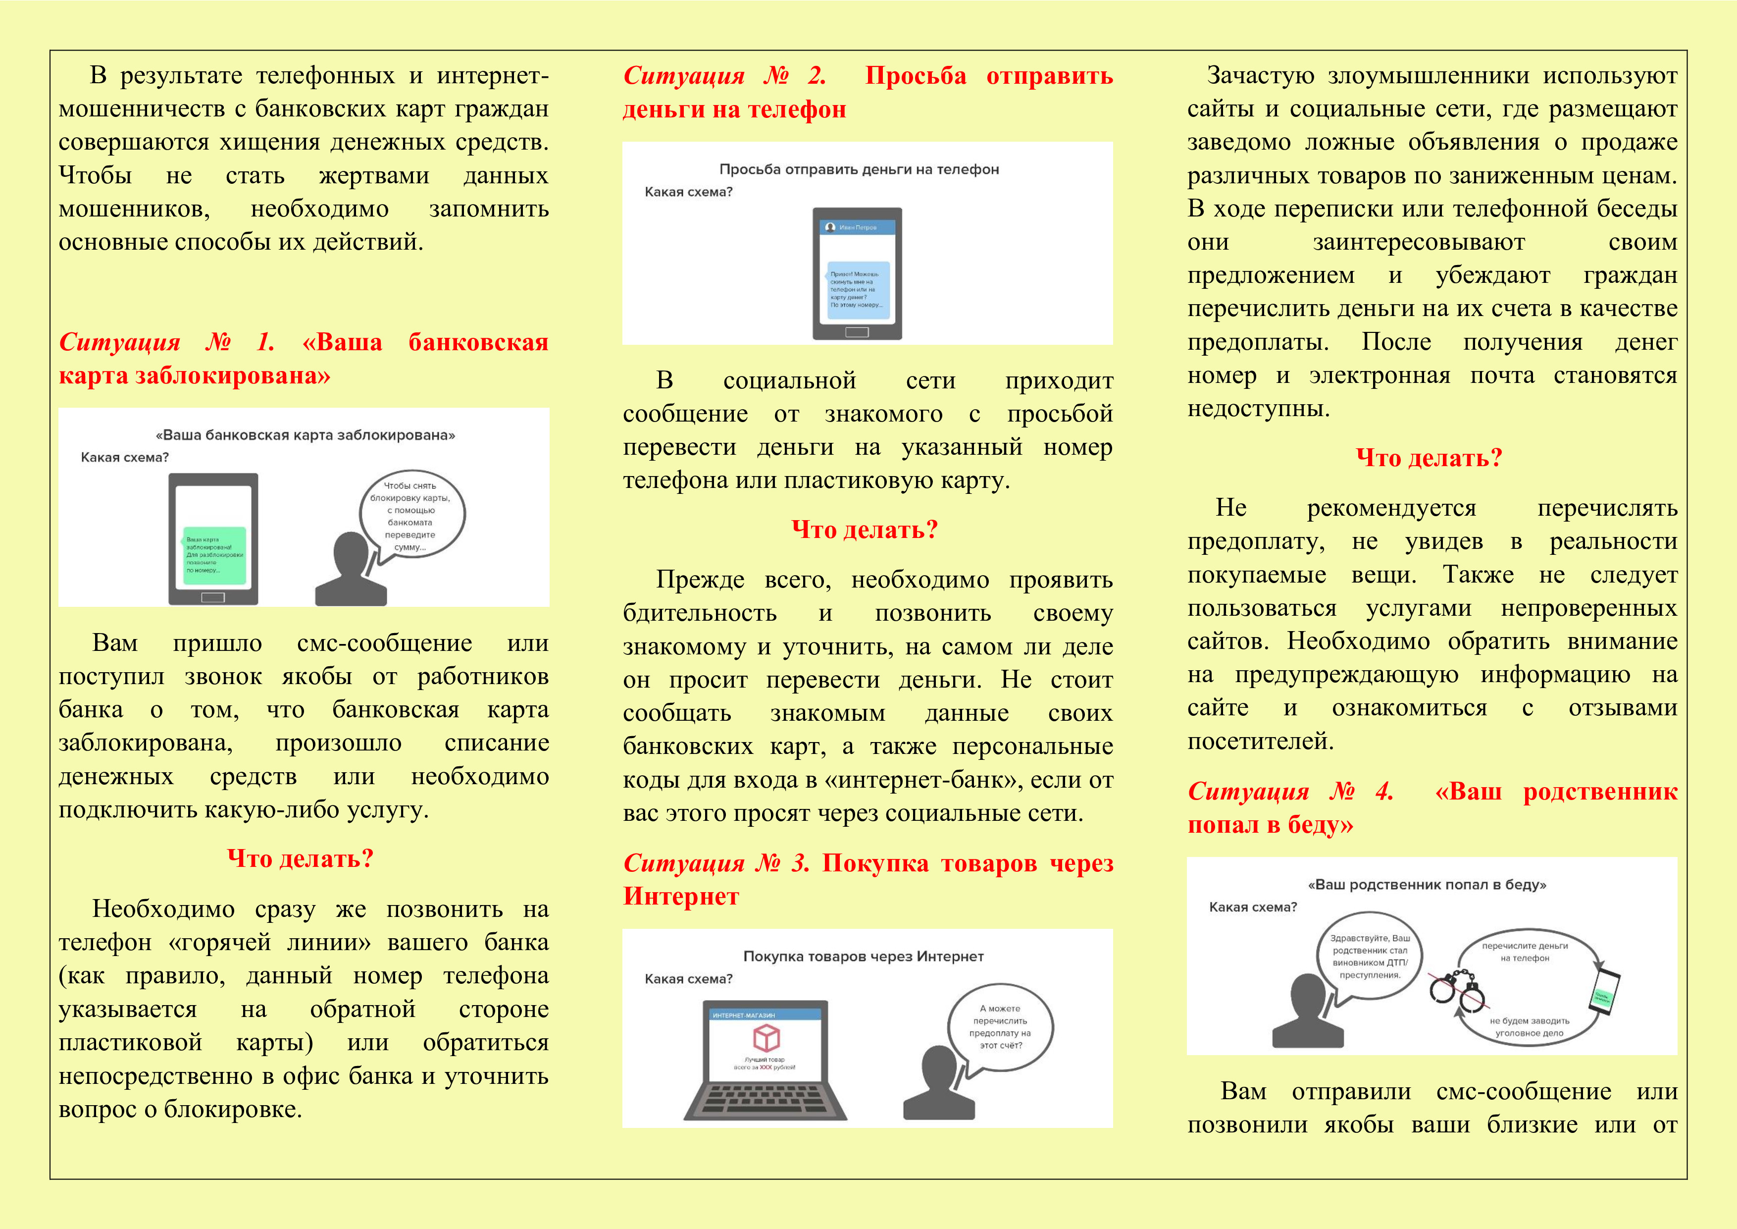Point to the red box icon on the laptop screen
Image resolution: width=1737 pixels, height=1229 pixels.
point(766,1037)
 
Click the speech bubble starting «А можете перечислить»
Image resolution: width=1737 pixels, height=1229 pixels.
point(1000,1027)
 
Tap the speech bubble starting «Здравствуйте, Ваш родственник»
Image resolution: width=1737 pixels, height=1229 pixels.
point(1370,958)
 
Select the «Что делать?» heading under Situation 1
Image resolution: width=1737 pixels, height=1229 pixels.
point(301,858)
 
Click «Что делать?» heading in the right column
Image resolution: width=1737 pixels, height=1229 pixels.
point(1429,458)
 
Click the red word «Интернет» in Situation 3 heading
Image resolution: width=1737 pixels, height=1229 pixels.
point(681,896)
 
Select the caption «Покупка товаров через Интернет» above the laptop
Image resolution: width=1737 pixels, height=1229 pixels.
point(863,957)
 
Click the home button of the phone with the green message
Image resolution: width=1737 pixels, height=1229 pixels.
point(213,597)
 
